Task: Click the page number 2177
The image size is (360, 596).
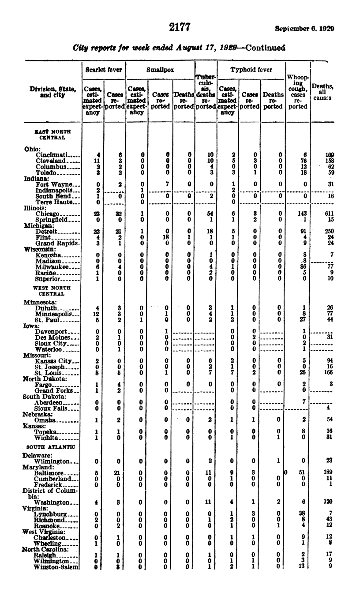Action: [x=180, y=28]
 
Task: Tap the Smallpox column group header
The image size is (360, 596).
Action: [x=160, y=70]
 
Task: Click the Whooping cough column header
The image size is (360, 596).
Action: [x=298, y=92]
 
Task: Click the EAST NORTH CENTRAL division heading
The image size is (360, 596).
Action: [x=52, y=135]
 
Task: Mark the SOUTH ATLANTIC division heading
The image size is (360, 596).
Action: [x=49, y=446]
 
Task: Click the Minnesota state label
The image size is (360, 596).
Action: [x=38, y=302]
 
